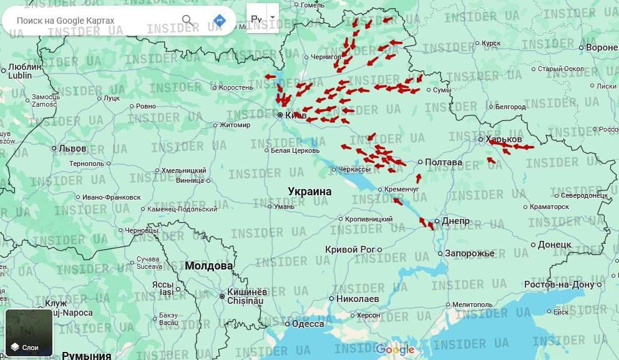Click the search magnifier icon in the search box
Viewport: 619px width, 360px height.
point(187,21)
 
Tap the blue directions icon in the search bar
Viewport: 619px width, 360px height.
point(219,21)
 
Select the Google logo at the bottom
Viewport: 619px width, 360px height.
point(395,349)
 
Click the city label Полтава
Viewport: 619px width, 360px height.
point(444,162)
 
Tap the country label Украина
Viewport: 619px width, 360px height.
point(309,191)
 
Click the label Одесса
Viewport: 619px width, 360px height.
point(308,324)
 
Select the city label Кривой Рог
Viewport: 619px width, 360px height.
point(349,249)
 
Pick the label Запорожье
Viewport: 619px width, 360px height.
point(469,253)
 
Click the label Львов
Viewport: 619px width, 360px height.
point(72,148)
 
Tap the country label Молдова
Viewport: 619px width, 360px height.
point(208,266)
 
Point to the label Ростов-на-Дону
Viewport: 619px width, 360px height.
point(560,285)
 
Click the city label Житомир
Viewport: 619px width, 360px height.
point(235,125)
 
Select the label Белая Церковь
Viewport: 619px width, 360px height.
point(295,150)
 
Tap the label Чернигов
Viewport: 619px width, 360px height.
point(326,57)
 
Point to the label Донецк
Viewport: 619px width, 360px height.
point(554,244)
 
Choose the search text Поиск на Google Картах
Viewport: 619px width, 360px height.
point(66,21)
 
